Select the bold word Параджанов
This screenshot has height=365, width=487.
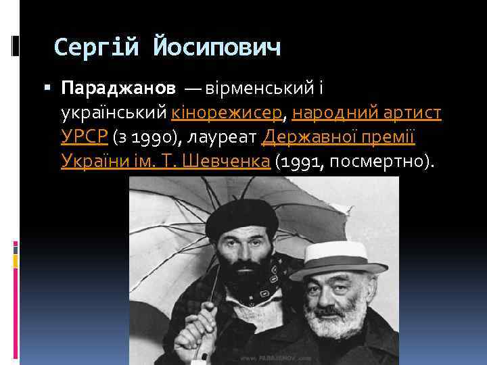[118, 88]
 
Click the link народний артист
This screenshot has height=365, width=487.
[367, 112]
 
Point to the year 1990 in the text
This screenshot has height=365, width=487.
[157, 137]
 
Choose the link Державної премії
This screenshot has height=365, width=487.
[338, 137]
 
